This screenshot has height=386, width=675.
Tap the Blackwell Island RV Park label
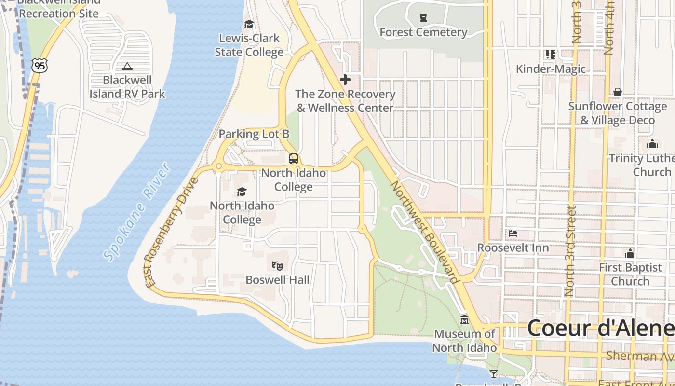point(127,87)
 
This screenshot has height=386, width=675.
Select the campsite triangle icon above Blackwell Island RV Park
point(127,66)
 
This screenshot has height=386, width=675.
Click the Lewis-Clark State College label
point(249,45)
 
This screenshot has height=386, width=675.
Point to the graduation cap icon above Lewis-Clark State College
point(249,24)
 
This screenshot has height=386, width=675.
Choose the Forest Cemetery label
point(423,32)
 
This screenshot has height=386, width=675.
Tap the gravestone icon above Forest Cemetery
point(423,18)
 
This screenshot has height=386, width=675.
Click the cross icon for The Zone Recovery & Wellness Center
point(345,80)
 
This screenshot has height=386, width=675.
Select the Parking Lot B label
point(254,134)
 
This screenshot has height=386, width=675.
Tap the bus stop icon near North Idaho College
point(293,158)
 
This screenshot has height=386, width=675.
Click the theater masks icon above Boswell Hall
point(277,265)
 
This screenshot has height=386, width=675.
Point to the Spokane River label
point(137,212)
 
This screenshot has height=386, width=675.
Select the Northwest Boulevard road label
point(424,232)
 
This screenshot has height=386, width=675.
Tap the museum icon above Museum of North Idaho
point(464,319)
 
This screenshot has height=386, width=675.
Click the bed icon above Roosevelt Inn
point(513,234)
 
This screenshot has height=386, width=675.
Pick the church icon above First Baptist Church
point(630,253)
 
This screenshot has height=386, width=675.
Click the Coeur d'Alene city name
point(600,329)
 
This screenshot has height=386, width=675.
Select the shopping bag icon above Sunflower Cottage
point(618,92)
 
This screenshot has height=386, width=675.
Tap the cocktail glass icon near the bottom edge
point(493,373)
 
